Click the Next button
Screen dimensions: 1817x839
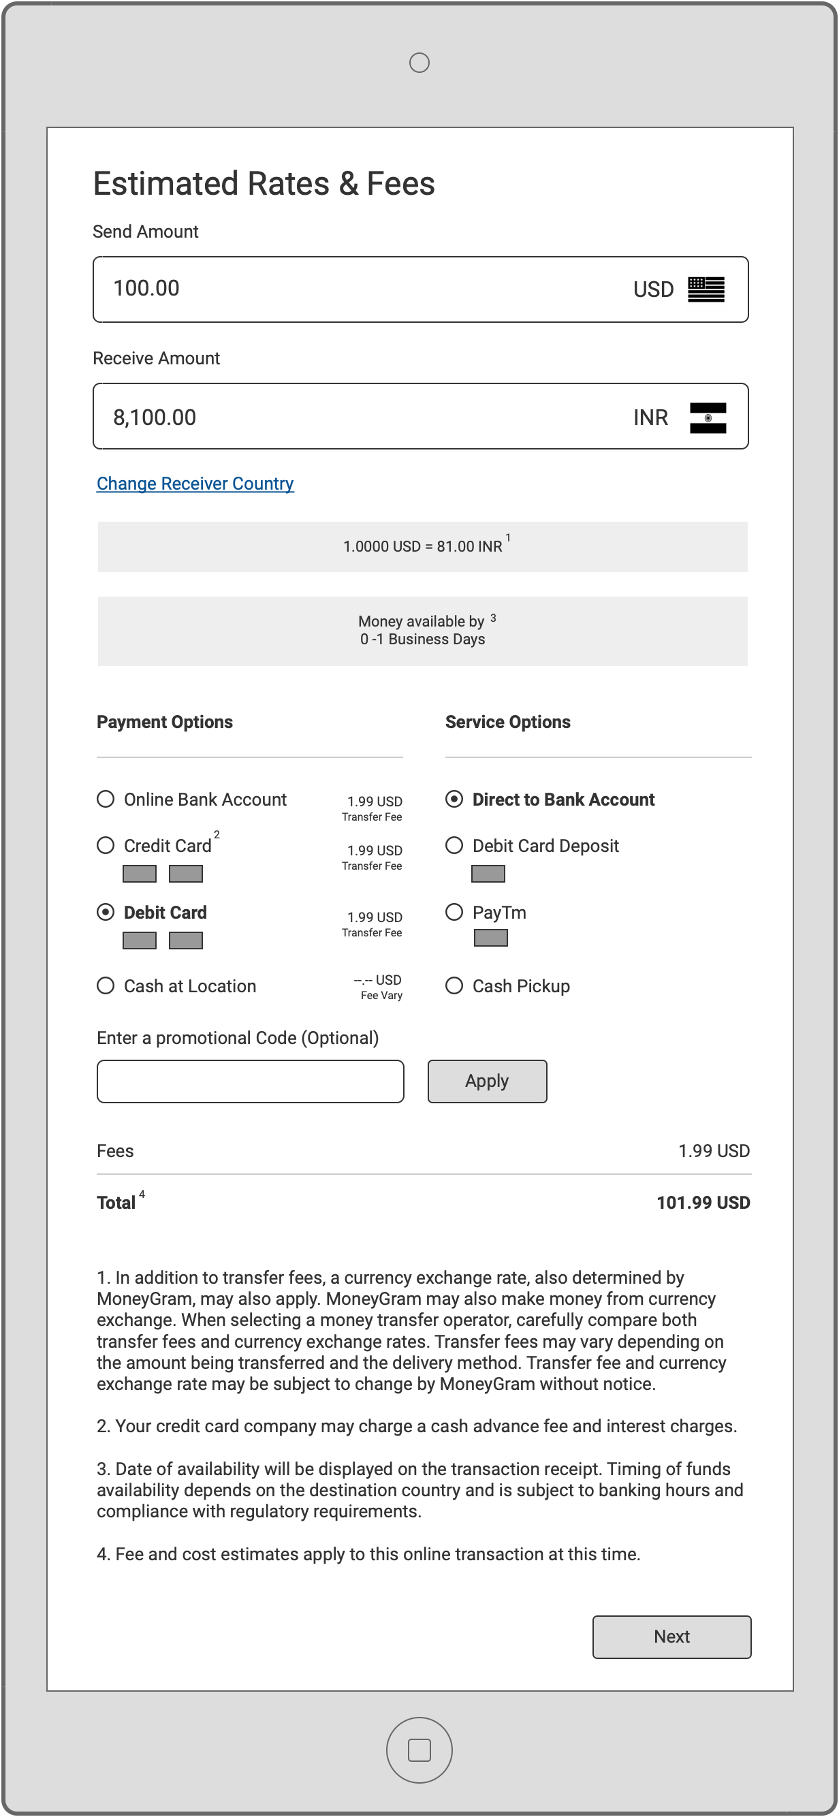point(671,1637)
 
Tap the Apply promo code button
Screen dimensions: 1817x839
point(487,1081)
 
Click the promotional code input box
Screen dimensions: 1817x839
point(251,1081)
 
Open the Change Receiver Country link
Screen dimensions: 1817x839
point(195,483)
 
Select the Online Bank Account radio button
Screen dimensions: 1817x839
point(106,799)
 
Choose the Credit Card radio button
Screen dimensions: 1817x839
point(106,845)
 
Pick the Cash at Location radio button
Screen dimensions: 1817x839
point(106,985)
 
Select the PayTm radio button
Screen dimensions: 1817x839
point(455,912)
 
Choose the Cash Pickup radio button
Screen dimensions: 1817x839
point(455,985)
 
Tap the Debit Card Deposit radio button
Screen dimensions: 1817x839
point(455,845)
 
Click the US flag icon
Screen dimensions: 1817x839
point(706,289)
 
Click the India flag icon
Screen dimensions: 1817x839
point(708,417)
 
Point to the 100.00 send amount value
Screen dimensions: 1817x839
point(146,288)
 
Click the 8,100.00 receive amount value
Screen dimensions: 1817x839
point(155,417)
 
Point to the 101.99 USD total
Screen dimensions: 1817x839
point(703,1203)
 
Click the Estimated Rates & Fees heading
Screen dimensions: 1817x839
point(264,183)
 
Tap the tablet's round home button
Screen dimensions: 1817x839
point(420,1750)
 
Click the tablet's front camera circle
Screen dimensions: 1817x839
point(420,63)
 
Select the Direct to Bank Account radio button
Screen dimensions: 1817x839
point(455,799)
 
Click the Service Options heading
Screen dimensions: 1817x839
point(507,722)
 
